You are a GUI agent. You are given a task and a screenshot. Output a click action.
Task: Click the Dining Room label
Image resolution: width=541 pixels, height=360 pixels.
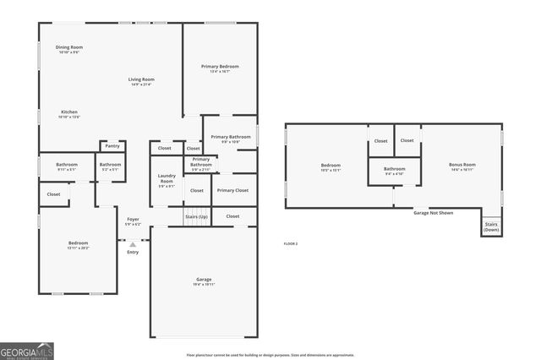coord(69,47)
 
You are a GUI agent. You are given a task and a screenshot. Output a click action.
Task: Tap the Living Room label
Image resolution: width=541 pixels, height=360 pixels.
coord(141,79)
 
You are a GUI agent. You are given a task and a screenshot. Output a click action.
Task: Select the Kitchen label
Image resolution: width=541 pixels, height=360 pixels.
coord(69,112)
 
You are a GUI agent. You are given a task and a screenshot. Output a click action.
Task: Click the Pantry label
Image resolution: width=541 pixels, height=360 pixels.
coord(112,145)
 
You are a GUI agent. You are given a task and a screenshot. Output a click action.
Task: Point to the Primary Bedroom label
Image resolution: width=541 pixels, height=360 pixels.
coord(220,66)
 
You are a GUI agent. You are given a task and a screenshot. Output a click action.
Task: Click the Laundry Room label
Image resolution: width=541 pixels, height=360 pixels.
coord(167,179)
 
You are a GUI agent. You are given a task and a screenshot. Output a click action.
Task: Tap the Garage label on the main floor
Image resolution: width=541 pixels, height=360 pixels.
coord(204,279)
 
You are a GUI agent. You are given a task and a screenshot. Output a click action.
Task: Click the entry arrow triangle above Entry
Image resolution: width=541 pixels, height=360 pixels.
coord(133,244)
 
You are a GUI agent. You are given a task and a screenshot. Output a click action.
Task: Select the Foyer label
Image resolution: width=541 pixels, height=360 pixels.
coord(133,220)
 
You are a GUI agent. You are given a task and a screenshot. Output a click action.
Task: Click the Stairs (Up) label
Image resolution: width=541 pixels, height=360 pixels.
coord(197,217)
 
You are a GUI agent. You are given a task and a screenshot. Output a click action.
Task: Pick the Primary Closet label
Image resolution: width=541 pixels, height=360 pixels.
coord(232,190)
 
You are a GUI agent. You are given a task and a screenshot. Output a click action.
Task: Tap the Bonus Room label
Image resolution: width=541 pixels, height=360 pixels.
coord(462,164)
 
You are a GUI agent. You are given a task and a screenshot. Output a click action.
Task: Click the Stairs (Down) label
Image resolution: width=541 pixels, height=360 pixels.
coord(491,227)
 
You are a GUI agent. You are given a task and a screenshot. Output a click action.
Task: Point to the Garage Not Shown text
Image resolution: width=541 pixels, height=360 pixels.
coord(433,213)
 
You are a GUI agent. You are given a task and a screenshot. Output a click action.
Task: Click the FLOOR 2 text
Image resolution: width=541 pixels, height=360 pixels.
coord(290,243)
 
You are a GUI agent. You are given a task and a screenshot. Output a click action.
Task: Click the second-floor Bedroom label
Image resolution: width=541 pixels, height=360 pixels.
coord(331,165)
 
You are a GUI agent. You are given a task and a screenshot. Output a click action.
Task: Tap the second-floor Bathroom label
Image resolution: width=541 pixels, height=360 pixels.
coord(395,168)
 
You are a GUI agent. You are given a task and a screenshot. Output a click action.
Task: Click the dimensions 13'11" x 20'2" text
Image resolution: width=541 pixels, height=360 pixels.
coord(78,248)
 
